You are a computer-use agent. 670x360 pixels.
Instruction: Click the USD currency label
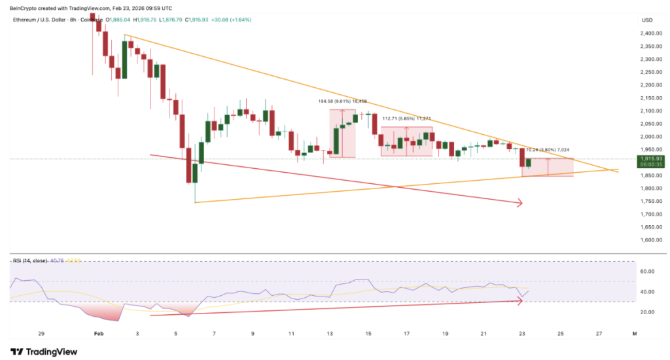tap(647, 19)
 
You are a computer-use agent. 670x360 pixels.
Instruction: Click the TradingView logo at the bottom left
tap(44, 351)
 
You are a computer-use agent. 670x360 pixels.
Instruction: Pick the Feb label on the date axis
tap(99, 333)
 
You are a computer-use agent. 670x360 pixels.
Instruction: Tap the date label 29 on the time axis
tap(41, 333)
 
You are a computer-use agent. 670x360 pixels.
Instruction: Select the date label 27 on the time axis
tap(599, 333)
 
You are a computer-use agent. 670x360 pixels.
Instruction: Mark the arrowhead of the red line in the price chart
tap(520, 203)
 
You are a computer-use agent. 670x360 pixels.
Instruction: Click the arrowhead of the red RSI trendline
tap(520, 300)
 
